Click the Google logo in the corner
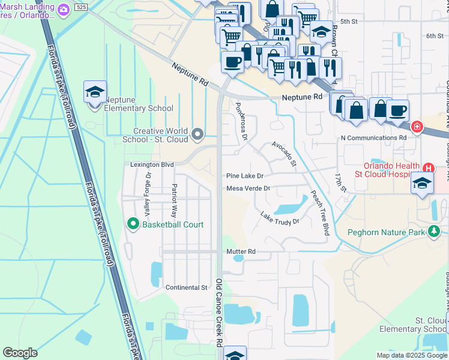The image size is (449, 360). pos(20,353)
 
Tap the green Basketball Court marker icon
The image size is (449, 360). pos(133,224)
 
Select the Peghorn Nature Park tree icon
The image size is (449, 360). pos(433,232)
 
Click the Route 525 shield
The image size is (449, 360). pos(80,7)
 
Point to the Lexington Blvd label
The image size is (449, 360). pos(152,164)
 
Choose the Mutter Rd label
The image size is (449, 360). pos(241,251)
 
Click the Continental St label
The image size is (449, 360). pos(186,287)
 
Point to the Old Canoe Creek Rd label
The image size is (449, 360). pos(220,312)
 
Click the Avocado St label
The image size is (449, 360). pos(284,154)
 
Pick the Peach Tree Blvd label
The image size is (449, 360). pos(320,213)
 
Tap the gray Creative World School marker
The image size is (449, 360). pos(198,133)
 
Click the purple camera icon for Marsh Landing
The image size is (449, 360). pos(64,9)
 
